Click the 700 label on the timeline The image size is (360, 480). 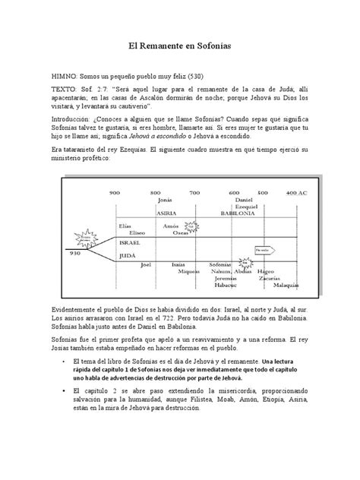(194, 194)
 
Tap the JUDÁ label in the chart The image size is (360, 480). (126, 257)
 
